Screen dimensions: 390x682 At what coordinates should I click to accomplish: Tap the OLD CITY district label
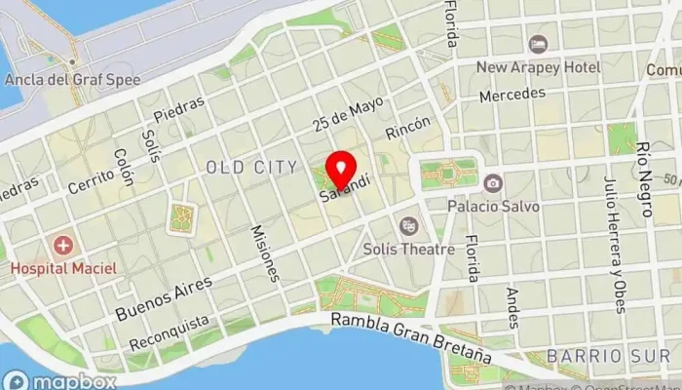coord(251,168)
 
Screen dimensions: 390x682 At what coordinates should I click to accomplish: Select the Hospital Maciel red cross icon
coord(63,245)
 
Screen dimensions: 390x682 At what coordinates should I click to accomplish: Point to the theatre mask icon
coord(409,226)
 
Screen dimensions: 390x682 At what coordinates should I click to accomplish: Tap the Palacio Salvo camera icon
coord(494,183)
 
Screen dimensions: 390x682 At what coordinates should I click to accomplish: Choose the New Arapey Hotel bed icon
coord(537,44)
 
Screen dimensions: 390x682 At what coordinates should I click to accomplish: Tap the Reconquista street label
coord(170,332)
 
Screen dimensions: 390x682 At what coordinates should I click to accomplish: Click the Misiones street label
coord(265,253)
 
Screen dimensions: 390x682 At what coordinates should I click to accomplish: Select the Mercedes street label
coord(511,95)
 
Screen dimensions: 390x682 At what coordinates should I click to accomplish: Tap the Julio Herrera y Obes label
coord(612,243)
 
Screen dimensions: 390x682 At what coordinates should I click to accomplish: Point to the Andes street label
coord(512,307)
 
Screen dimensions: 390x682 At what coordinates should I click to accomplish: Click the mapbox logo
coord(60,379)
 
